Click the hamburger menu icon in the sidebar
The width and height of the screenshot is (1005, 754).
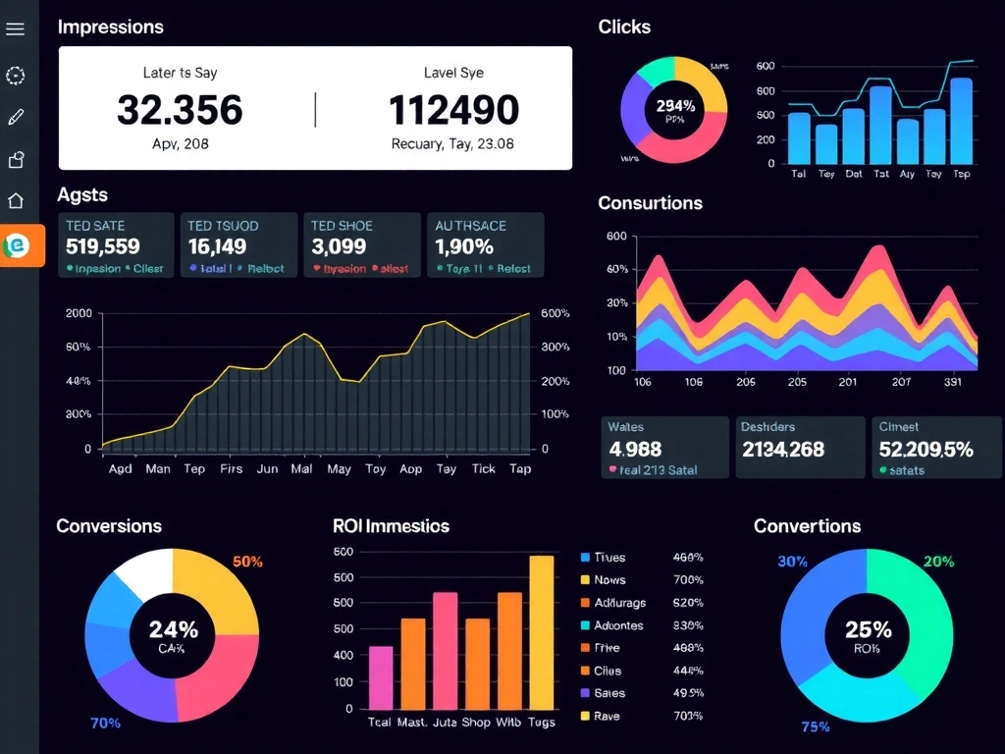[x=15, y=28]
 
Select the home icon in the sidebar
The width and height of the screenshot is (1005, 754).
[x=15, y=201]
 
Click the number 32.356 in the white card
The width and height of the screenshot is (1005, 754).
[x=180, y=110]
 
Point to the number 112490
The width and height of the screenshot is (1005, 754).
[x=453, y=110]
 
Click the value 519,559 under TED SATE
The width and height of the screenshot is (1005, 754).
[x=103, y=246]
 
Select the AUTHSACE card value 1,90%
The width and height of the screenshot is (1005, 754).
[x=464, y=246]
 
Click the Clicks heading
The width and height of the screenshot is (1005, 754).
[x=624, y=27]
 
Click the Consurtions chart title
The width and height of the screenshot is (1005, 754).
[x=650, y=203]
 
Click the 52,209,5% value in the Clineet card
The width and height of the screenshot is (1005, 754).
[x=926, y=449]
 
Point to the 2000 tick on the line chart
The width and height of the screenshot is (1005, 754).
[x=79, y=313]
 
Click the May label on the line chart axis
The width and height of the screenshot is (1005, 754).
[x=339, y=469]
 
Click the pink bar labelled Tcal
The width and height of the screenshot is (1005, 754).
[x=380, y=676]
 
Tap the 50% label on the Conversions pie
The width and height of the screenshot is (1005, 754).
[x=247, y=562]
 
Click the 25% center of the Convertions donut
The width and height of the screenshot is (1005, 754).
[x=868, y=629]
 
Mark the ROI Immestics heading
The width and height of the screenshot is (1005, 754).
[x=391, y=526]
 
